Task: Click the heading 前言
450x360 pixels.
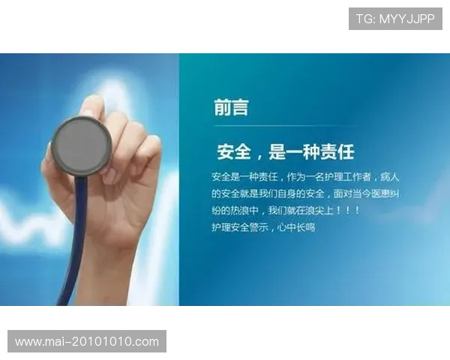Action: [231, 107]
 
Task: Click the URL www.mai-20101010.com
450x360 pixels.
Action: [87, 342]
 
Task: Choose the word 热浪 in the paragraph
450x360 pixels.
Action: [239, 211]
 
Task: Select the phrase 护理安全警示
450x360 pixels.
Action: [239, 227]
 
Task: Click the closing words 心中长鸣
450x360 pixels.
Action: [296, 227]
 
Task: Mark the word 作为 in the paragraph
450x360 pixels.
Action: [295, 177]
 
